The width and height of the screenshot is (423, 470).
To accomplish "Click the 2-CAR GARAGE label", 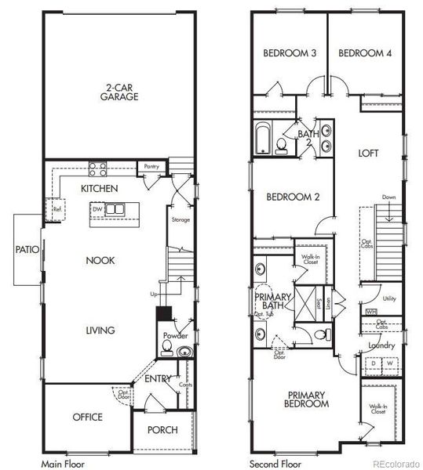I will (x=119, y=92).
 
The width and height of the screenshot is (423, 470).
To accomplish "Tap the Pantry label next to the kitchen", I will (x=150, y=167).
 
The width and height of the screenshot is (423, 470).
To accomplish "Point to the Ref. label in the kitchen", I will (x=57, y=210).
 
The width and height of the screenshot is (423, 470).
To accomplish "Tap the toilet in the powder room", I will (x=184, y=352).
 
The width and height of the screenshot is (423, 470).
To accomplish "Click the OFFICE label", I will (x=88, y=417).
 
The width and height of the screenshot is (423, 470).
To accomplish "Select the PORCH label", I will (x=162, y=430).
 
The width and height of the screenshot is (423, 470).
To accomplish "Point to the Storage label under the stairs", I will (x=181, y=219).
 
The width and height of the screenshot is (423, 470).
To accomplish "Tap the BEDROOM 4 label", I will (x=365, y=53).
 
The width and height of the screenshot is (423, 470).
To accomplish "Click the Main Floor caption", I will (x=62, y=464).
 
